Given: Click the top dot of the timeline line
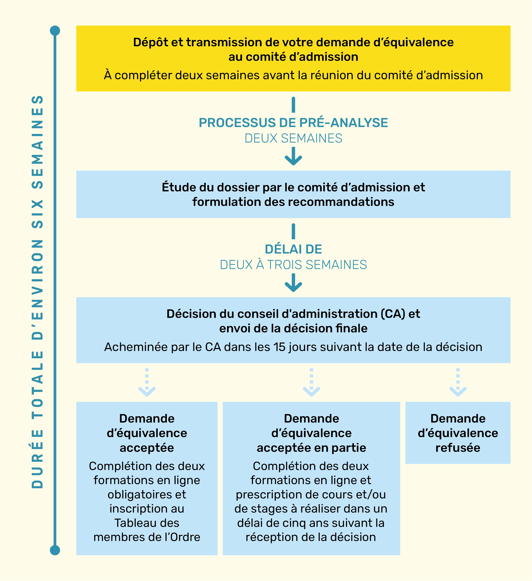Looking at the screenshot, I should (55, 31).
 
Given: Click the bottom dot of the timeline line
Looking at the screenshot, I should (55, 550).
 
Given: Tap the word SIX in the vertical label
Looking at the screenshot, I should (38, 214).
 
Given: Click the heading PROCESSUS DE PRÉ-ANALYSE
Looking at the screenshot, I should (293, 123).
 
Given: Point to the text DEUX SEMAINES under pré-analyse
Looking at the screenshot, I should (293, 138).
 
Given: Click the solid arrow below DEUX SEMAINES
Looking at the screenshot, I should (293, 157).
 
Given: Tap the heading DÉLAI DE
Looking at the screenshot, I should (293, 249).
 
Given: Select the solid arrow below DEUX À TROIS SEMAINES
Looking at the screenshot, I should (293, 284).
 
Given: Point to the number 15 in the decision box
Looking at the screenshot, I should (279, 347).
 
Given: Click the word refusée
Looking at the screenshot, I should (458, 448).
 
